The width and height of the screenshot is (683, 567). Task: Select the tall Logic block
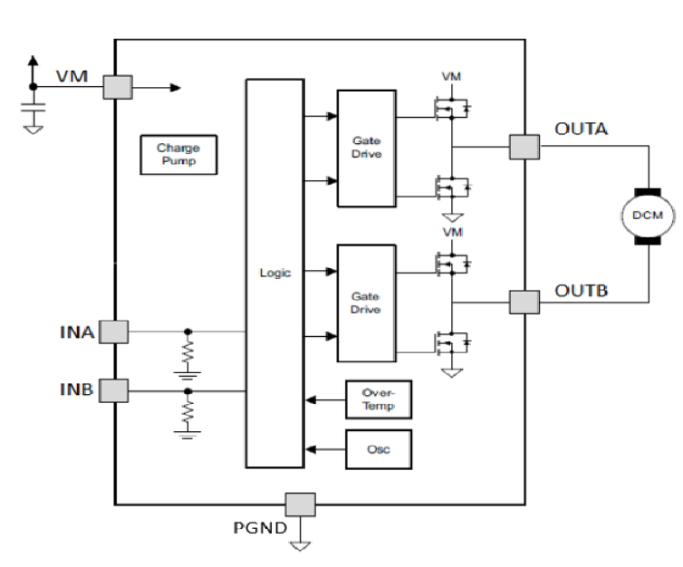(274, 273)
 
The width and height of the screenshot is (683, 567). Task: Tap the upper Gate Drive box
(366, 148)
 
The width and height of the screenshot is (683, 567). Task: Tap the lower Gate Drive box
(366, 303)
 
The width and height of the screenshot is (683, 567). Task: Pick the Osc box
(378, 449)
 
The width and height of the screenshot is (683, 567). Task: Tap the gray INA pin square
(113, 332)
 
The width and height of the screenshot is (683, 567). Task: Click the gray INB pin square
(113, 390)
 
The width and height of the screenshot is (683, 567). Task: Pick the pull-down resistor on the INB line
(188, 412)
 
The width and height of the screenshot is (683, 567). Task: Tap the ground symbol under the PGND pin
(300, 544)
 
